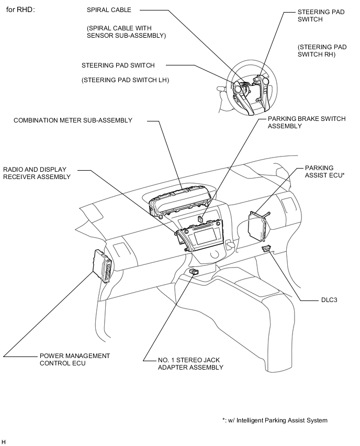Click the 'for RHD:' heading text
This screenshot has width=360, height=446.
tap(20, 9)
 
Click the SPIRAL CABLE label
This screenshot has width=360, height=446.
tap(109, 10)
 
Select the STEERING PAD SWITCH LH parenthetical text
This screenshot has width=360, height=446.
tap(125, 80)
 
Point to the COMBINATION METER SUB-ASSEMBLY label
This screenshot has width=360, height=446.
tap(73, 120)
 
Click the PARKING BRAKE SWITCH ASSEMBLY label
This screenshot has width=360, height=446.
tap(306, 122)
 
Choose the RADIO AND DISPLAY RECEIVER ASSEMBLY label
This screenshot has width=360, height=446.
tap(37, 173)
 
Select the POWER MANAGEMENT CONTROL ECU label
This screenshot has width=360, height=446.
tap(74, 359)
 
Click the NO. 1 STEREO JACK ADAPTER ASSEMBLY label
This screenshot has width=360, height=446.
tap(190, 363)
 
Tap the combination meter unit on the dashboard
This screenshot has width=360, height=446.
tap(179, 201)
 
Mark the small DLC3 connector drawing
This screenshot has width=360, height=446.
tap(267, 248)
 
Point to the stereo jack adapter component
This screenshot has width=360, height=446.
tap(194, 272)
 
